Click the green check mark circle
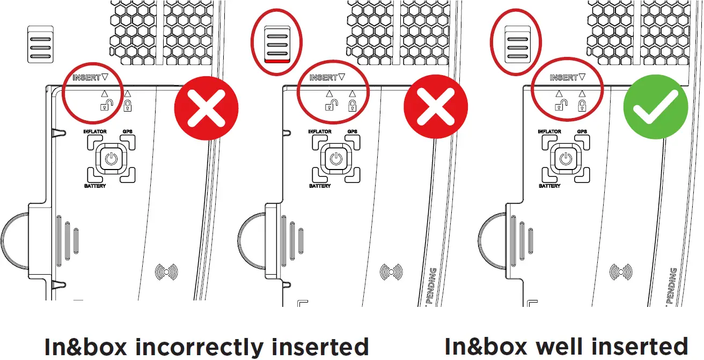click(x=655, y=108)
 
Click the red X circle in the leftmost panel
click(x=206, y=108)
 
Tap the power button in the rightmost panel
click(x=565, y=159)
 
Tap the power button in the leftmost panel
click(x=111, y=159)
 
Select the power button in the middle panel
click(x=336, y=159)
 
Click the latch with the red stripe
click(x=277, y=44)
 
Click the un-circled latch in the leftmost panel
click(x=40, y=44)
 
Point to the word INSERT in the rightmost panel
click(x=563, y=78)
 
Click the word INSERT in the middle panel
click(x=322, y=78)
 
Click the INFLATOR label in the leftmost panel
click(x=95, y=131)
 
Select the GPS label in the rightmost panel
click(x=582, y=131)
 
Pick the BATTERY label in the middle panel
click(x=320, y=186)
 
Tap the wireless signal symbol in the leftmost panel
click(x=166, y=273)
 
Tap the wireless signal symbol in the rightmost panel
click(x=621, y=273)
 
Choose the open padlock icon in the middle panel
click(x=331, y=105)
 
